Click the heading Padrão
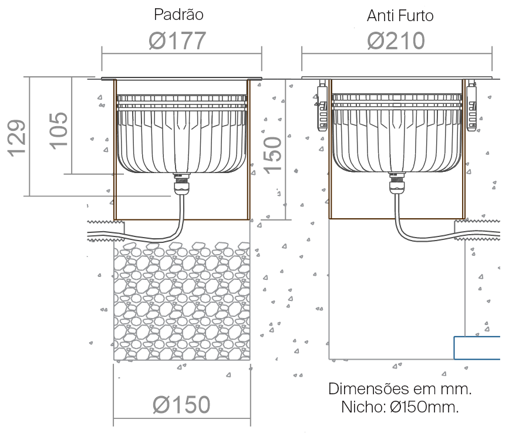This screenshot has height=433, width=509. coord(178,15)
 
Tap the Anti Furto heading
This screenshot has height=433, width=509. coord(400,16)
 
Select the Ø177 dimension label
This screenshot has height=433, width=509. coord(177,40)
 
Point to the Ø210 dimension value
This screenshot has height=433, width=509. coord(396,40)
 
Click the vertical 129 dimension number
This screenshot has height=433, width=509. coord(17,138)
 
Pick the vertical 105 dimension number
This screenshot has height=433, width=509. coord(59,131)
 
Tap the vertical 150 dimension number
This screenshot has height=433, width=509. coord(272,155)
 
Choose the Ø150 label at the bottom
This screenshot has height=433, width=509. coord(181,404)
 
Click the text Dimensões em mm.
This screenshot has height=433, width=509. coord(400,388)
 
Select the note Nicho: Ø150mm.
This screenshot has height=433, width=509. coord(400,407)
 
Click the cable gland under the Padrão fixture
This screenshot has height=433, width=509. coord(182,184)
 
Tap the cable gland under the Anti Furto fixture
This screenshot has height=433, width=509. coord(397,184)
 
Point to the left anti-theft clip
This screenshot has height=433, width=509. coord(322,106)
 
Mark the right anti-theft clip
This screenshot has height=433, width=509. coord(471,106)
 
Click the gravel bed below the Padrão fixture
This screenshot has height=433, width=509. coord(182,300)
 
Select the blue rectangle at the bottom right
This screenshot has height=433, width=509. coord(477,348)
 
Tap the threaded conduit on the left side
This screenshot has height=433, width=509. coord(106,231)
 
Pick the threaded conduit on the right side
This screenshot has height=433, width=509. coord(477,229)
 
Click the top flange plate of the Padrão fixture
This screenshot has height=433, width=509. coord(181,79)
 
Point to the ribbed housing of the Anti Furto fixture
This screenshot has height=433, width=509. coord(397,133)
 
